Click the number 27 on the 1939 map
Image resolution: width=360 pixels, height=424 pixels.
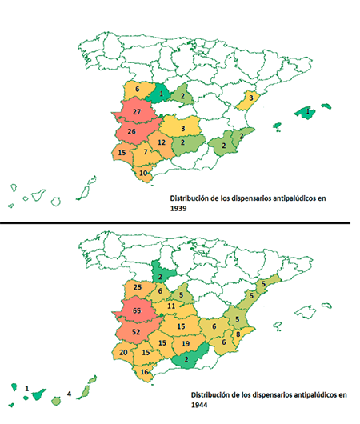click(137, 112)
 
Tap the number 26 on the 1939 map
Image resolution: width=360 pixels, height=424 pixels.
click(131, 131)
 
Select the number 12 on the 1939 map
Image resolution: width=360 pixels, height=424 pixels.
click(162, 142)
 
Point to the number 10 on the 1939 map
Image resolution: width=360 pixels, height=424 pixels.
click(143, 173)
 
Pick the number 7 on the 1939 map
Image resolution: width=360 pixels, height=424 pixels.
click(146, 152)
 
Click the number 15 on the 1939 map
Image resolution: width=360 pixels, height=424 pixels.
click(122, 153)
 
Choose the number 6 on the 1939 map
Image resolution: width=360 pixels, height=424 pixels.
click(137, 89)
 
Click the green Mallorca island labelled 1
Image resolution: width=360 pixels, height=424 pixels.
click(305, 112)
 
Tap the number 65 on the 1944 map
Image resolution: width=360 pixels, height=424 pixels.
click(137, 310)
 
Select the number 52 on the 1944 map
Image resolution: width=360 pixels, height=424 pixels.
click(136, 331)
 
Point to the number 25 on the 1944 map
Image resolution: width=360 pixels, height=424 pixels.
click(138, 287)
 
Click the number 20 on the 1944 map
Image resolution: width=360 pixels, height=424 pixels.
click(123, 352)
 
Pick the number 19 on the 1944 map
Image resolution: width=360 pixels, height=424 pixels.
click(186, 344)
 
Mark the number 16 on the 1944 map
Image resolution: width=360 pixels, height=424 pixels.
click(145, 372)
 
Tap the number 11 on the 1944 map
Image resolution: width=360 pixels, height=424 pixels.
click(171, 306)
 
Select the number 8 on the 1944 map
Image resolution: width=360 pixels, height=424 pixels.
click(238, 334)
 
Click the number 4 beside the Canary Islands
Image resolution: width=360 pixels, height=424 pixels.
click(69, 394)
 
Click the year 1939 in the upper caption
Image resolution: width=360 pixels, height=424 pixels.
click(178, 209)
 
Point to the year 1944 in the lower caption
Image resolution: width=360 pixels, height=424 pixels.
click(199, 405)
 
